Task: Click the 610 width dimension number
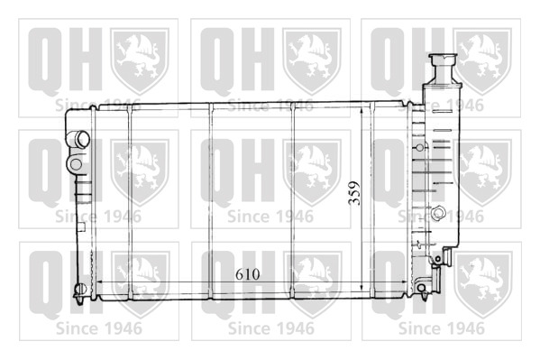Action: coord(248,274)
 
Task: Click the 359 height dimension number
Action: coord(354,193)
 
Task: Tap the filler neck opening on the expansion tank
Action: coord(443,57)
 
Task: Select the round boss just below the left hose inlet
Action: coord(76,164)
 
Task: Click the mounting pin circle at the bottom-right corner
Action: coord(422,288)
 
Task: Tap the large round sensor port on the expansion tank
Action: coord(439,212)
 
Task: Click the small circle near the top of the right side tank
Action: coord(420,148)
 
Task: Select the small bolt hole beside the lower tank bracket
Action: coord(438,259)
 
